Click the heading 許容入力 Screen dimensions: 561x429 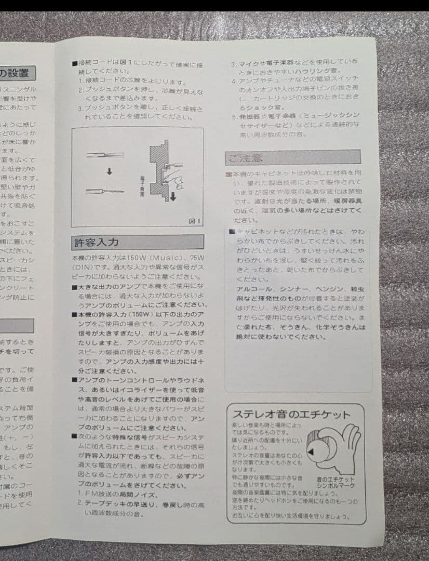tap(96, 243)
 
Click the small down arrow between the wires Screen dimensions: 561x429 tap(109, 172)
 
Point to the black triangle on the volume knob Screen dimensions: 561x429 tap(311, 453)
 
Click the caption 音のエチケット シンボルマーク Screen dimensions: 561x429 tap(336, 482)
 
